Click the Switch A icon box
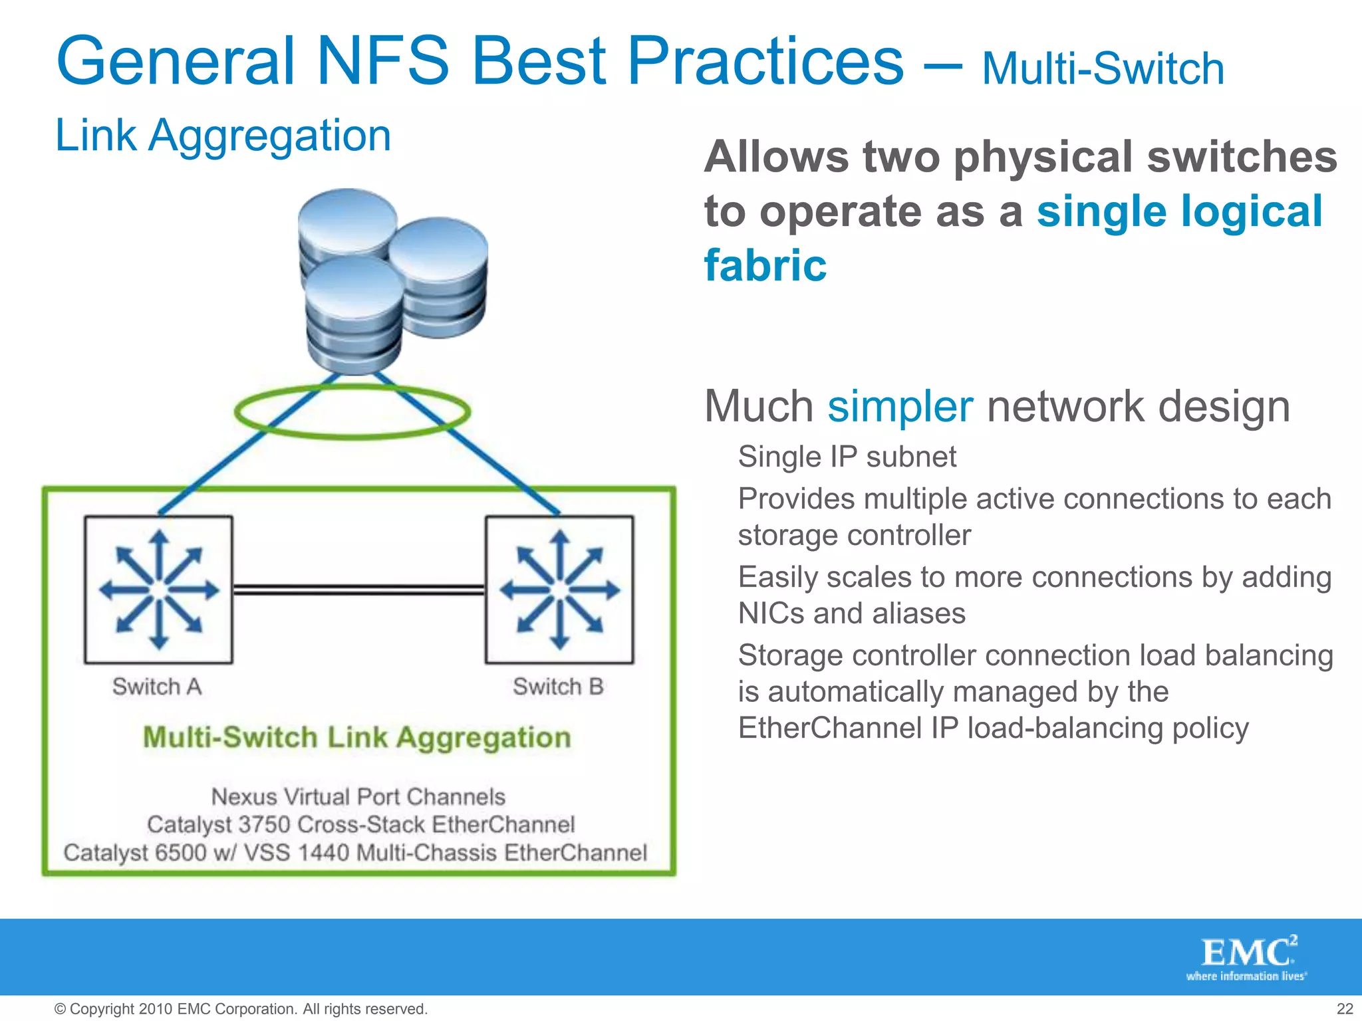coord(158,590)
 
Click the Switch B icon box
coord(559,590)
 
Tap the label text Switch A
coord(157,687)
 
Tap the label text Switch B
coord(558,687)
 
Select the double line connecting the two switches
coord(359,590)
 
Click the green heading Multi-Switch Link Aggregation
coord(357,738)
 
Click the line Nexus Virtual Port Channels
coord(358,796)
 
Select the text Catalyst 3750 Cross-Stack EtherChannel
coord(360,825)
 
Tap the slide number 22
coord(1345,1009)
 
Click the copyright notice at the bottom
coord(241,1009)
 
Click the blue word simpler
coord(900,406)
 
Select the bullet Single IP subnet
coord(847,457)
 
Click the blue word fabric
coord(765,265)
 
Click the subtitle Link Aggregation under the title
coord(223,136)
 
